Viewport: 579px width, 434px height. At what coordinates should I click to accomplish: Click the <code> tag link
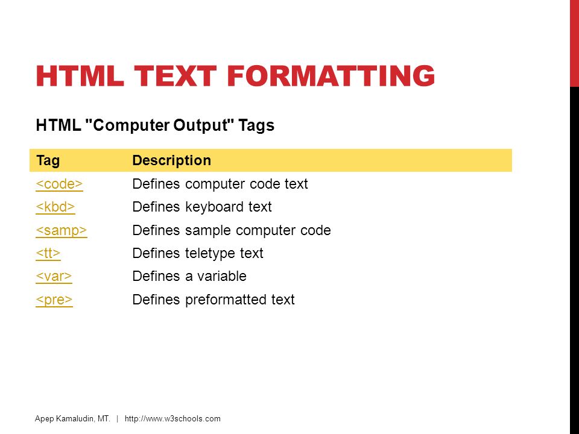59,184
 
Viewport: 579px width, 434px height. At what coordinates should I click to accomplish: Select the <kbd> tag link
55,207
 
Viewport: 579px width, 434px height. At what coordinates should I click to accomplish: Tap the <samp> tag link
62,230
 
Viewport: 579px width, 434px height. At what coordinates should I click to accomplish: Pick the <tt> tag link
48,253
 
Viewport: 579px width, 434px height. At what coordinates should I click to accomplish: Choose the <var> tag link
54,276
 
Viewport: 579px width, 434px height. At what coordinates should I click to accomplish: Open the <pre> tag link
54,300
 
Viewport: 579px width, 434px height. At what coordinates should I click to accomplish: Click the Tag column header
48,161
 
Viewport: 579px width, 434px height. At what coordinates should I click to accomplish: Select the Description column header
172,160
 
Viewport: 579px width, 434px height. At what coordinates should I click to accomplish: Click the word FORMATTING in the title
331,76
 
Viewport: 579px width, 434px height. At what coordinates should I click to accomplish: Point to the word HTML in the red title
80,76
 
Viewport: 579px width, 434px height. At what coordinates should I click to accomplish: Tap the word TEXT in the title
176,76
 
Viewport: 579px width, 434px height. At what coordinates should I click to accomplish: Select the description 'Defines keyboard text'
202,207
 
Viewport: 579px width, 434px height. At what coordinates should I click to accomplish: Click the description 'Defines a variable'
189,276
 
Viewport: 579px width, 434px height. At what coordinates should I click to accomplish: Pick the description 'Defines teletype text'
198,253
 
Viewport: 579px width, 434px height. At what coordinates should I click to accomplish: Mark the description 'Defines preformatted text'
214,300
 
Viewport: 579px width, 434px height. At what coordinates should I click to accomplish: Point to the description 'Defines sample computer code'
232,230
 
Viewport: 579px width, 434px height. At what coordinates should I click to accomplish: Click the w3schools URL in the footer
172,418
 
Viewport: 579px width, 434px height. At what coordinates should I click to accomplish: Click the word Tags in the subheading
256,125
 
